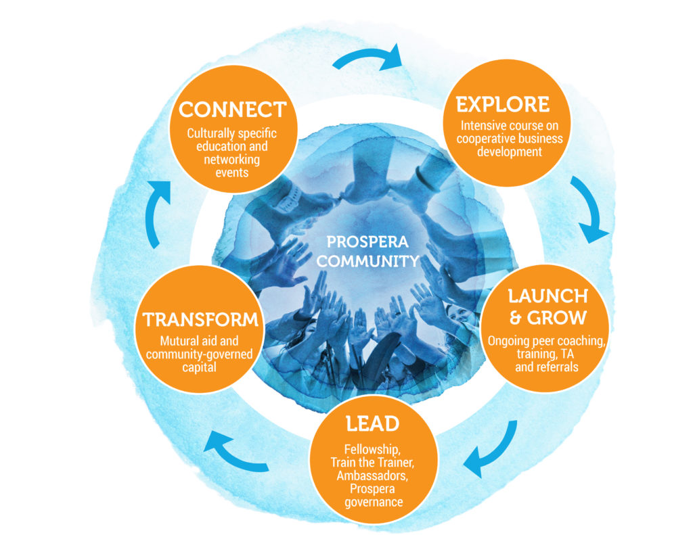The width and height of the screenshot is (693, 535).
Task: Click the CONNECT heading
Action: tap(232, 110)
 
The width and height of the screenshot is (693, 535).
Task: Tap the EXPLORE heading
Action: tap(502, 105)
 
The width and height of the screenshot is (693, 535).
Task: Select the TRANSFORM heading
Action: tap(200, 319)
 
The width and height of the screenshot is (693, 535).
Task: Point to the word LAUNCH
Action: tap(548, 296)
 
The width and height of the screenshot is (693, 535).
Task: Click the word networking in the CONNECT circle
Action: tap(232, 160)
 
